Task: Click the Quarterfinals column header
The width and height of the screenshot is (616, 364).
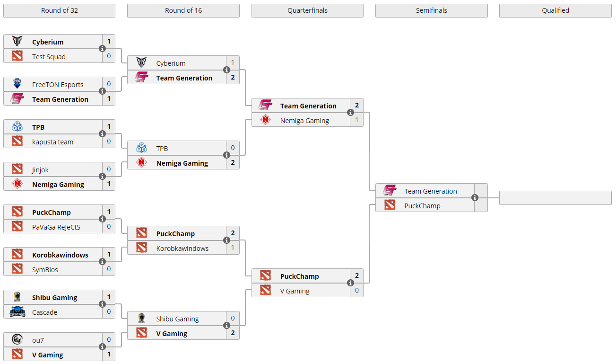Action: [x=307, y=10]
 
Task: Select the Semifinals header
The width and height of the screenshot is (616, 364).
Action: [x=431, y=10]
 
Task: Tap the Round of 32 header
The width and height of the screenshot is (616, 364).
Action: [x=59, y=10]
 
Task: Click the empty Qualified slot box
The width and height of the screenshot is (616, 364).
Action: [x=555, y=198]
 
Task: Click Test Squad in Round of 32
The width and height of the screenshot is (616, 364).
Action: [x=49, y=57]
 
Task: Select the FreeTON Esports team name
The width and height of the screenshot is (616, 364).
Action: [x=58, y=85]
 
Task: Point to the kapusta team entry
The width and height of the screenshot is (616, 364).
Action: [x=52, y=142]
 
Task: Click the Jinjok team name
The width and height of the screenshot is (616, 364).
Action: [x=40, y=170]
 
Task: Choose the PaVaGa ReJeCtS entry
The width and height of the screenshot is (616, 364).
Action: [x=56, y=227]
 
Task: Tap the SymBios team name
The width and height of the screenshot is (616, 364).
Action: [x=45, y=270]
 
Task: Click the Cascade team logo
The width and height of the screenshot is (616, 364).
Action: [x=17, y=312]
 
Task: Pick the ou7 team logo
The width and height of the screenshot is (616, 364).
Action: [x=17, y=340]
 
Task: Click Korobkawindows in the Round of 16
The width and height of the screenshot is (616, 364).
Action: [x=182, y=249]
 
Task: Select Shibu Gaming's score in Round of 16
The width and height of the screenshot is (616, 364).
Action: [x=233, y=319]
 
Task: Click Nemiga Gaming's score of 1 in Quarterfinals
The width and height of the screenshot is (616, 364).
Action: [x=357, y=120]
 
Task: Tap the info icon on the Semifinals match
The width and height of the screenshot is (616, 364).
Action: [x=475, y=198]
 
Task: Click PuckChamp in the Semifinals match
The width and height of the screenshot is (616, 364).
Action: [x=422, y=206]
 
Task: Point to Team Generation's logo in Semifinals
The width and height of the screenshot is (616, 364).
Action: [x=390, y=191]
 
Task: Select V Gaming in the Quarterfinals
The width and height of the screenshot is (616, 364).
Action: [x=295, y=291]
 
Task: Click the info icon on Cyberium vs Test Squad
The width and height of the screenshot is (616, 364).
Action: [x=102, y=49]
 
